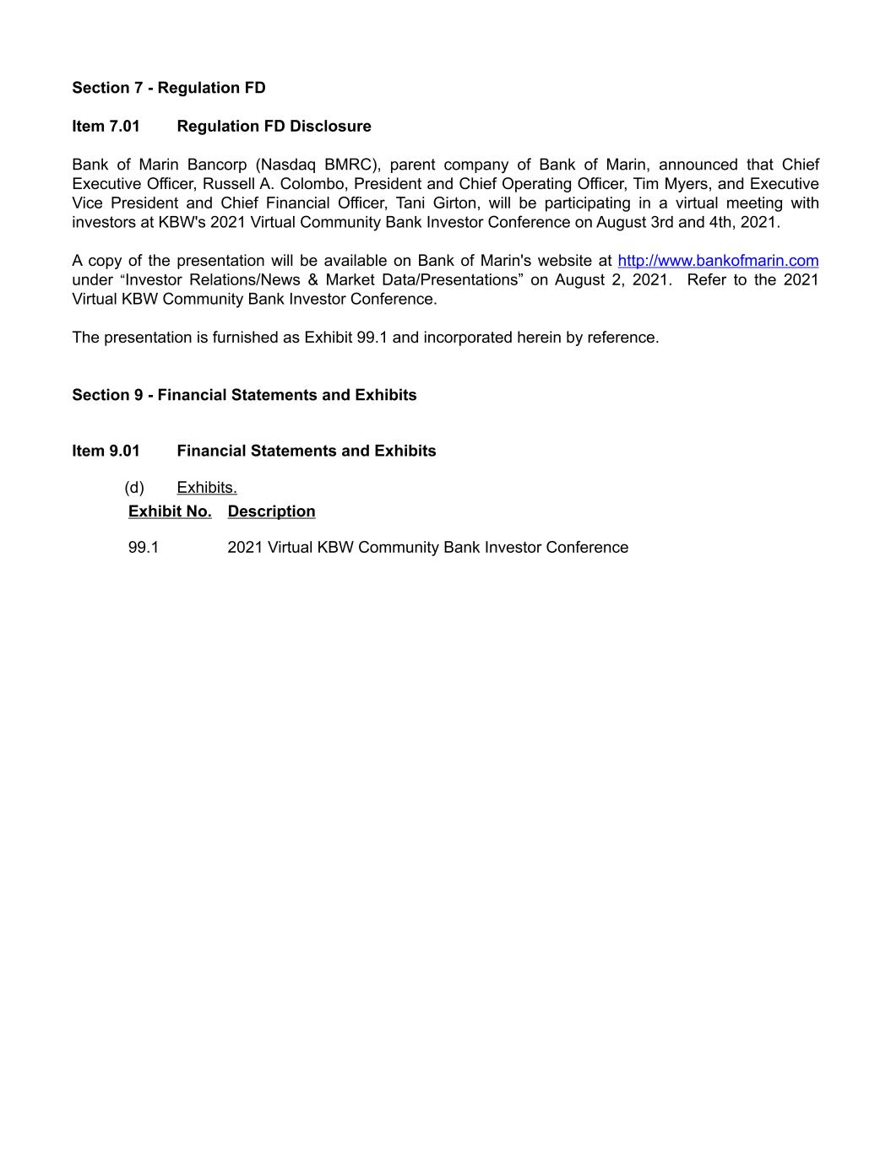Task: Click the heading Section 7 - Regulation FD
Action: coord(169,88)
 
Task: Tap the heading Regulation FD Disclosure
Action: coord(274,127)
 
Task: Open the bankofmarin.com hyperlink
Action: coord(718,261)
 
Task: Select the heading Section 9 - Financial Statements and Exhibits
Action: coord(244,395)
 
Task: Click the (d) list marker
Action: coord(134,488)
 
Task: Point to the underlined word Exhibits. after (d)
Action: coord(207,488)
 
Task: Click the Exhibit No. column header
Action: coord(170,511)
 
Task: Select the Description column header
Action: coord(271,511)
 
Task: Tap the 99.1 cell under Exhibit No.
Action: coord(144,548)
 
